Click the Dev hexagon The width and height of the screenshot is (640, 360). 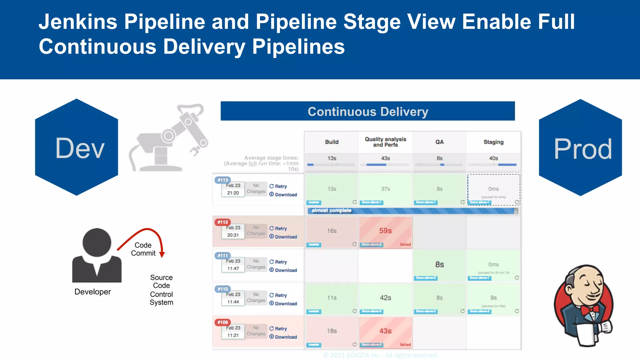[77, 147]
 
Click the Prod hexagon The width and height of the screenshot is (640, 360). [580, 148]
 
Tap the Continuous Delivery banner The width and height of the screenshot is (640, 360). [367, 111]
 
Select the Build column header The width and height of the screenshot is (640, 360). [332, 142]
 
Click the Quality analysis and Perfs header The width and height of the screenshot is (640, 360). [385, 142]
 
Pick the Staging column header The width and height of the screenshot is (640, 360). [493, 142]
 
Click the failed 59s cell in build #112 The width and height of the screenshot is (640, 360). [385, 231]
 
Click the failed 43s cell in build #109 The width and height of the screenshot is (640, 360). [385, 331]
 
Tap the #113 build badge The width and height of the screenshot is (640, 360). [222, 180]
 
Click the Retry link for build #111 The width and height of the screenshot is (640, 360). [278, 262]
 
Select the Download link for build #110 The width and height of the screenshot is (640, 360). [283, 304]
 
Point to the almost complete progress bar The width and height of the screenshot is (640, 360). [412, 211]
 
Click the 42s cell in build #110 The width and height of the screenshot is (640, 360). [385, 298]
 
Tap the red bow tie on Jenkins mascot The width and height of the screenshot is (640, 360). [590, 309]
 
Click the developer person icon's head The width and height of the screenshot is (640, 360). [97, 242]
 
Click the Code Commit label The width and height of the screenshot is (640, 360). [143, 249]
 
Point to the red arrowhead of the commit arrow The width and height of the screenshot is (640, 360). [162, 255]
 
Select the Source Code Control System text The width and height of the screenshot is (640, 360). [161, 290]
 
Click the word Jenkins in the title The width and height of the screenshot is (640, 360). [78, 22]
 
